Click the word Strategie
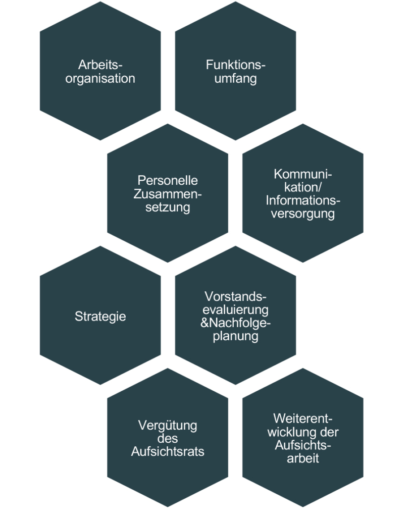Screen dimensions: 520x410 coord(100,317)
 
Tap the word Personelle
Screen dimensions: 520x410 coord(168,181)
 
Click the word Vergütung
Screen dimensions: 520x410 coord(168,425)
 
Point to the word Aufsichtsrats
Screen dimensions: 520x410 coord(168,451)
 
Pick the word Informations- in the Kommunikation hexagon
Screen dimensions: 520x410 coord(303,200)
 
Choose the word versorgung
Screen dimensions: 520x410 coord(303,214)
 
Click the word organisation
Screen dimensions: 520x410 coord(100,79)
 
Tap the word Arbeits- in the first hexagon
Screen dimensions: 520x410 coord(100,65)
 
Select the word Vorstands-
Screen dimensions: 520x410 coord(235,296)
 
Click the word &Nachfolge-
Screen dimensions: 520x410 coord(235,323)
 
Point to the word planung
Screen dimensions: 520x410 coord(235,336)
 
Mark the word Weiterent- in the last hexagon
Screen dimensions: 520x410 coord(303,419)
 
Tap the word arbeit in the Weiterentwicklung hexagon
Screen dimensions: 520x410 coord(303,459)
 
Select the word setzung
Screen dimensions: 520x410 coord(168,207)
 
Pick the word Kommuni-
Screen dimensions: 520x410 coord(303,175)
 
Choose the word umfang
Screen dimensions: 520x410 coord(235,79)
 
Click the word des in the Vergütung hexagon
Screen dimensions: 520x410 coord(168,438)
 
